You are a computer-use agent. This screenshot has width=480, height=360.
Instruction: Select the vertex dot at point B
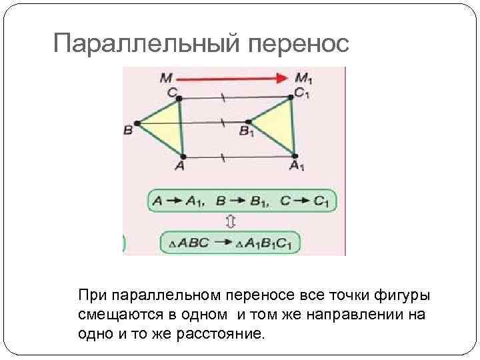136,123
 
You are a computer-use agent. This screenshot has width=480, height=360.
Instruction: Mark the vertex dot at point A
183,157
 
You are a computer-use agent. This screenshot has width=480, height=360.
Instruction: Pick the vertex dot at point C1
291,97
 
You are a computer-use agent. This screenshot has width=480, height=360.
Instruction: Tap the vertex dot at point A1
295,156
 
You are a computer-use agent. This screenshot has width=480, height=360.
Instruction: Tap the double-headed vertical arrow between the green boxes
230,221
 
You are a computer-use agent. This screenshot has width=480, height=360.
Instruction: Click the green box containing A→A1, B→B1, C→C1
242,199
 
